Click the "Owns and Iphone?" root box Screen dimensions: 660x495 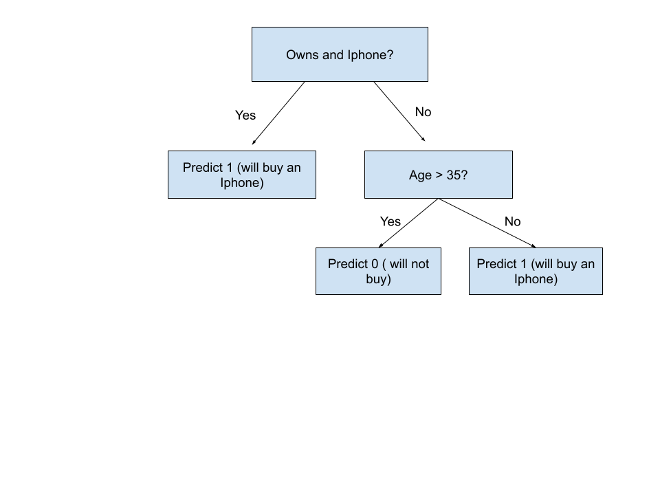[340, 54]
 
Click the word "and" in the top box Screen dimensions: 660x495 [333, 55]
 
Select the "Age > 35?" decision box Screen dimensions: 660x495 [438, 175]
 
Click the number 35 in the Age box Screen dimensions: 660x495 [454, 175]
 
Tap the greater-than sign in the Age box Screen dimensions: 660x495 [439, 175]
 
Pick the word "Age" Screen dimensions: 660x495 [420, 175]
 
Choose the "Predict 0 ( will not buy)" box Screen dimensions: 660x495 [378, 271]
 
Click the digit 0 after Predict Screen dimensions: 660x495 [375, 264]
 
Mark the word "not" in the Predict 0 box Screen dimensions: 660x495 [419, 264]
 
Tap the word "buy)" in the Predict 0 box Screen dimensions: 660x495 [378, 279]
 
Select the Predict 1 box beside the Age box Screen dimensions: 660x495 [242, 175]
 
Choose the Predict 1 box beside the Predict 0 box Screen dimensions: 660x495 [536, 271]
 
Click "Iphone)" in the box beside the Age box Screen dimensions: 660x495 [241, 183]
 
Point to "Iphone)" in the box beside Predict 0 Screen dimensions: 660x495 [536, 279]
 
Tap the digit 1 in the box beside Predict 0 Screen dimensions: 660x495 [523, 264]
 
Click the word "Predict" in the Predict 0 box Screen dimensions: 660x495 [348, 264]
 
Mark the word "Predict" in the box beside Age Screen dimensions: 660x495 [203, 168]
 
